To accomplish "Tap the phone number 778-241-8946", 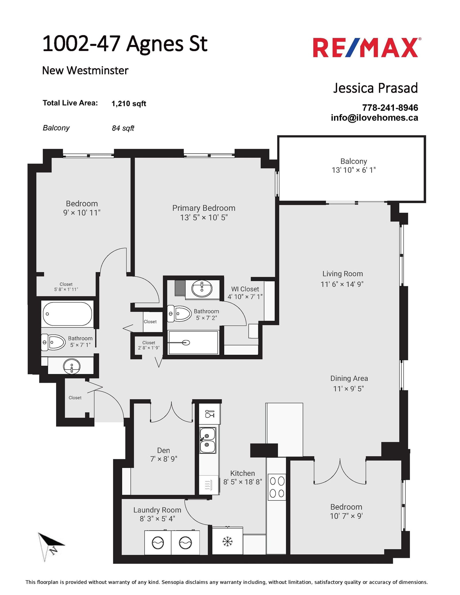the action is (x=390, y=108).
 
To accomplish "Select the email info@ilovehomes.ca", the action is (x=374, y=118).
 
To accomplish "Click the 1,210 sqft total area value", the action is (x=129, y=104).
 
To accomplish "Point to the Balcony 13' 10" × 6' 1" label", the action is (x=354, y=166).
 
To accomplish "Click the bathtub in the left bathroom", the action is (x=67, y=314).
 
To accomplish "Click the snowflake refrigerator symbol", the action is (x=227, y=542).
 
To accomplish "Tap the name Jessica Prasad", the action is (x=375, y=88).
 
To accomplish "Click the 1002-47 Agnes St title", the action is (x=125, y=44).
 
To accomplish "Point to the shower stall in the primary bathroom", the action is (x=193, y=342).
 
